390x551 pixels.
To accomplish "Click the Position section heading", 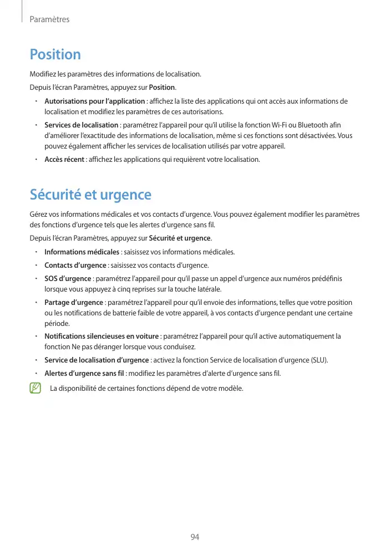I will coord(55,54).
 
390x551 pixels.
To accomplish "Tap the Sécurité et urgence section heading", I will coord(90,195).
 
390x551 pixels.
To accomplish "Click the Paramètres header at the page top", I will coord(49,19).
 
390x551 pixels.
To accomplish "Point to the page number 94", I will coord(195,537).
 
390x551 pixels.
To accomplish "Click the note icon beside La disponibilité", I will coord(36,387).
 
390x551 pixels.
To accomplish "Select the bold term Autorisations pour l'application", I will coord(94,101).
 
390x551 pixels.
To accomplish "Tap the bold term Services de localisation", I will coord(81,125).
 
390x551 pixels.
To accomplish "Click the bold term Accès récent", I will coord(64,160).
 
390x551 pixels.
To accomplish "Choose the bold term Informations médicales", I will coord(78,252).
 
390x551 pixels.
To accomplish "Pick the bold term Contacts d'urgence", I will coord(75,265).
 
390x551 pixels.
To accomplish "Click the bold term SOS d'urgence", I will coord(68,278).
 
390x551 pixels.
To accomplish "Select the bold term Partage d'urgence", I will coord(74,302).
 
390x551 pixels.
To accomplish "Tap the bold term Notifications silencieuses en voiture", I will coord(102,336).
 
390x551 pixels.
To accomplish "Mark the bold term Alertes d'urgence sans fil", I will coord(84,373).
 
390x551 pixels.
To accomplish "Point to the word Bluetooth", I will coord(313,125).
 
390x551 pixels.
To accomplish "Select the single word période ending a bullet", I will coord(57,324).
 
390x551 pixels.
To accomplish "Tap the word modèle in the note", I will coord(231,387).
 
